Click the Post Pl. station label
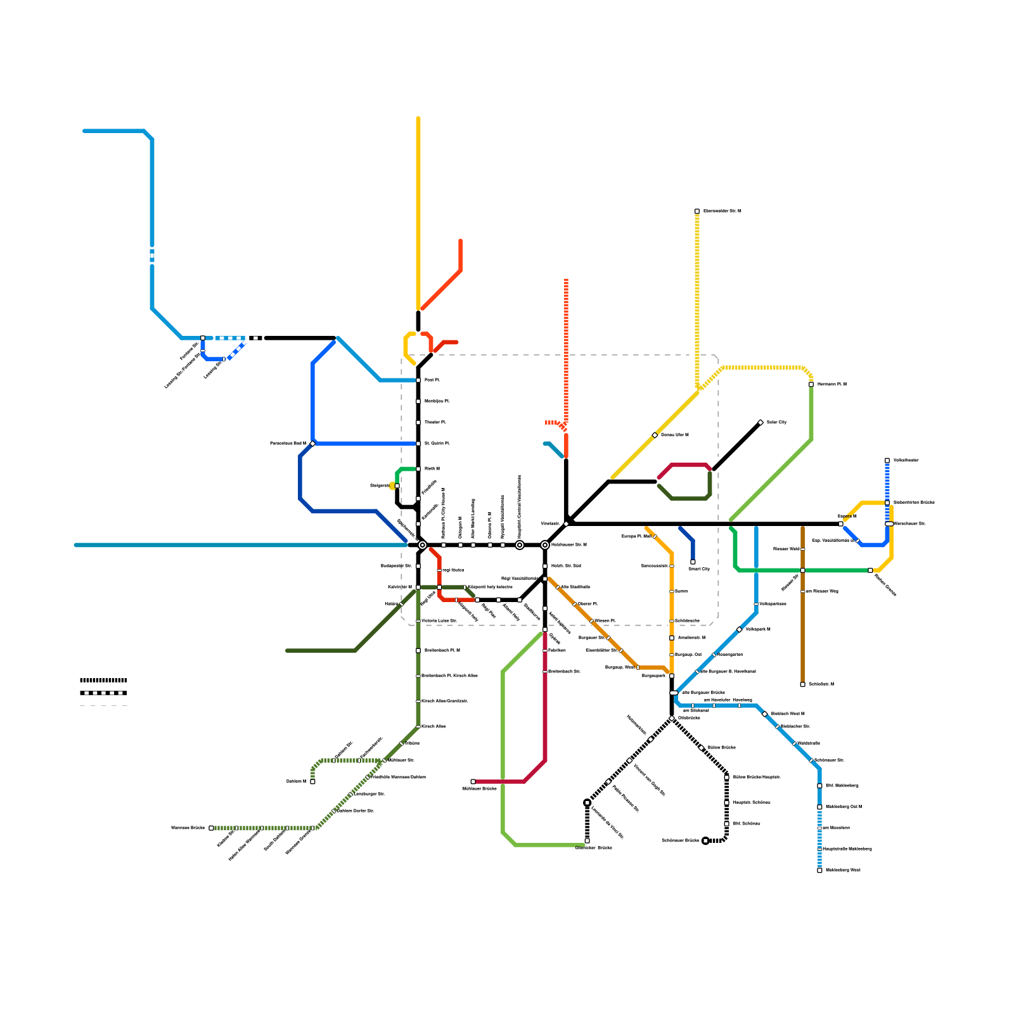coord(432,380)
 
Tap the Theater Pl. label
coord(435,422)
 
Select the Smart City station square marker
coord(693,562)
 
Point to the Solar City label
coord(776,422)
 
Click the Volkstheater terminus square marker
coord(887,461)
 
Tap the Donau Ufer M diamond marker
coord(655,435)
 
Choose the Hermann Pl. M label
coord(831,385)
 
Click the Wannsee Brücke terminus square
coord(211,828)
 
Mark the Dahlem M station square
coord(312,781)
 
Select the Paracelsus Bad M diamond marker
coord(312,444)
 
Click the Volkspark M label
coord(757,629)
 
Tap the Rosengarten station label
coord(730,655)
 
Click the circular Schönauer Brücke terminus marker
coord(705,841)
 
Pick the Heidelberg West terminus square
coord(819,870)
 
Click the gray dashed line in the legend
coord(103,705)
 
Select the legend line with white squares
coord(103,693)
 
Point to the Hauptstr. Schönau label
coord(752,803)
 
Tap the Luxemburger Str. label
coord(369,794)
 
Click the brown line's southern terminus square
coord(802,684)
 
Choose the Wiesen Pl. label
coord(605,621)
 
